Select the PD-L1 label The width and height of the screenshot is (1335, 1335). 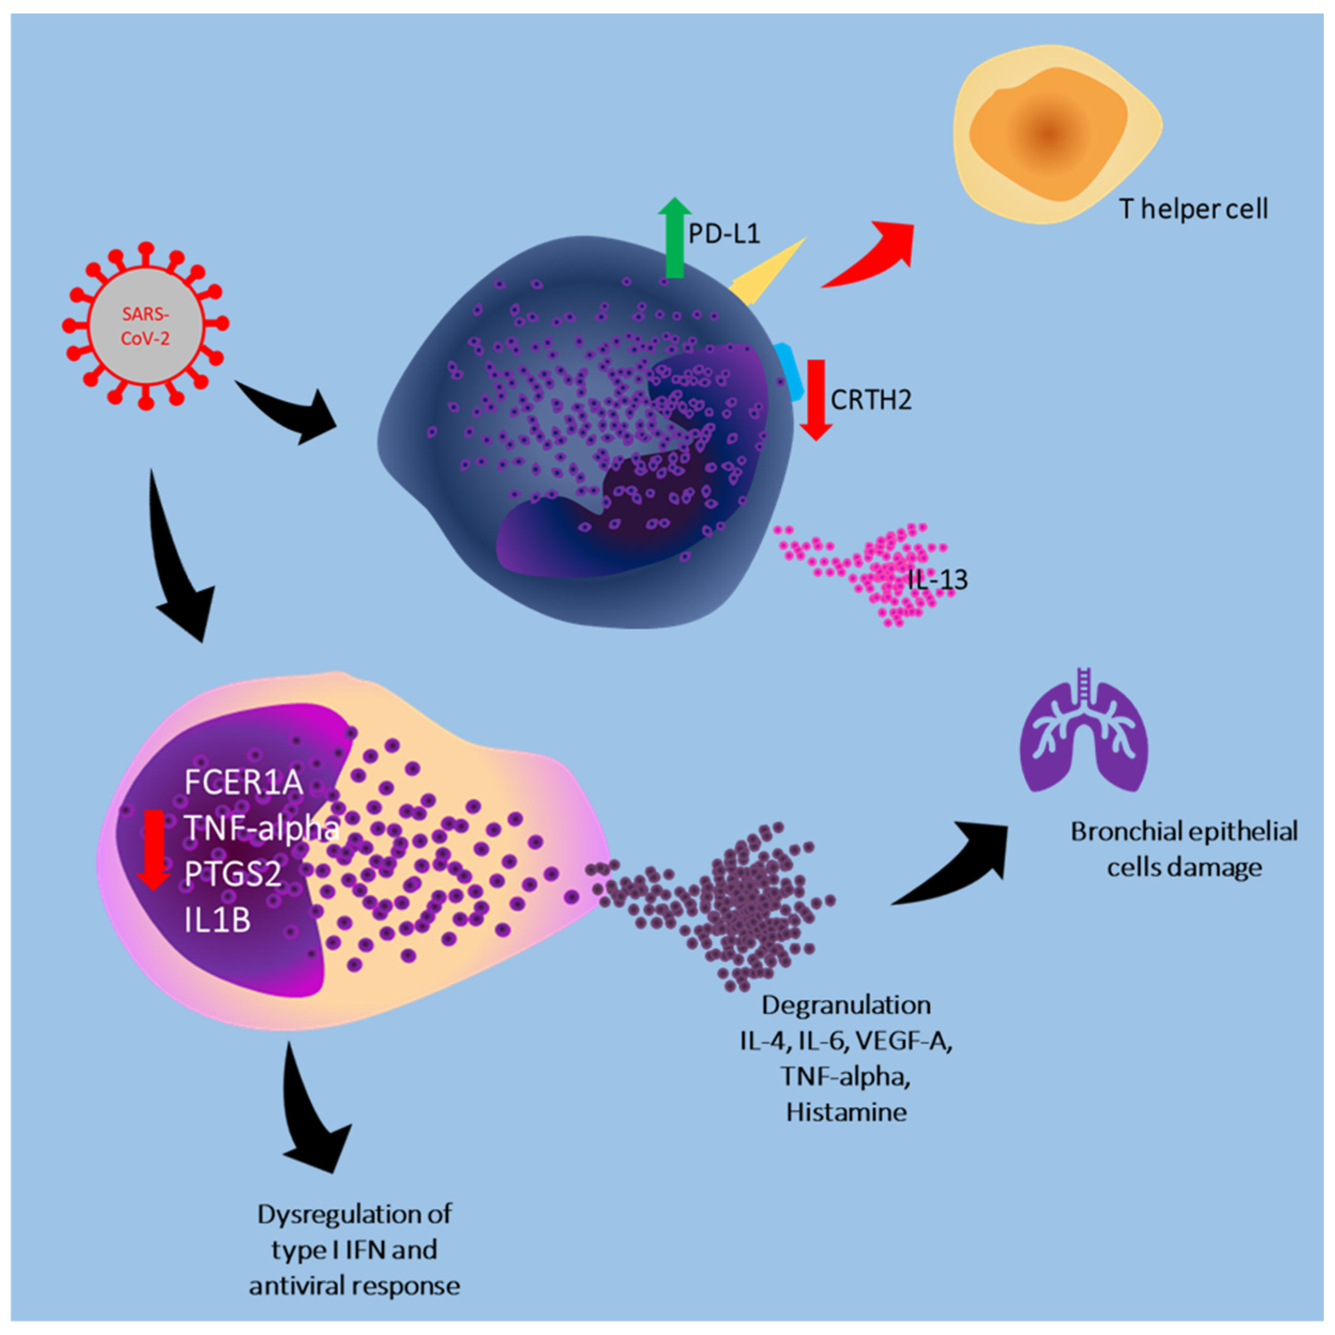(x=724, y=233)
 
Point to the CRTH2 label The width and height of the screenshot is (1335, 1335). (x=871, y=399)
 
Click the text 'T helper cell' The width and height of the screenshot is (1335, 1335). (x=1193, y=208)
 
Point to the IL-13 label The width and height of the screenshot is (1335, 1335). (x=937, y=579)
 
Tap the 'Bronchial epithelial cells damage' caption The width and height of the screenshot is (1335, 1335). (x=1184, y=849)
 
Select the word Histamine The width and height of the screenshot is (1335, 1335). (x=846, y=1112)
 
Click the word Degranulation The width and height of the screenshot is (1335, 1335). (x=846, y=1005)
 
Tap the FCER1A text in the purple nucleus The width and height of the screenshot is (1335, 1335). (x=243, y=783)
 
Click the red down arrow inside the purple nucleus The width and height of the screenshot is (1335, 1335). (x=152, y=849)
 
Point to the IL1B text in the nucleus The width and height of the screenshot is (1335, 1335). (x=217, y=920)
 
